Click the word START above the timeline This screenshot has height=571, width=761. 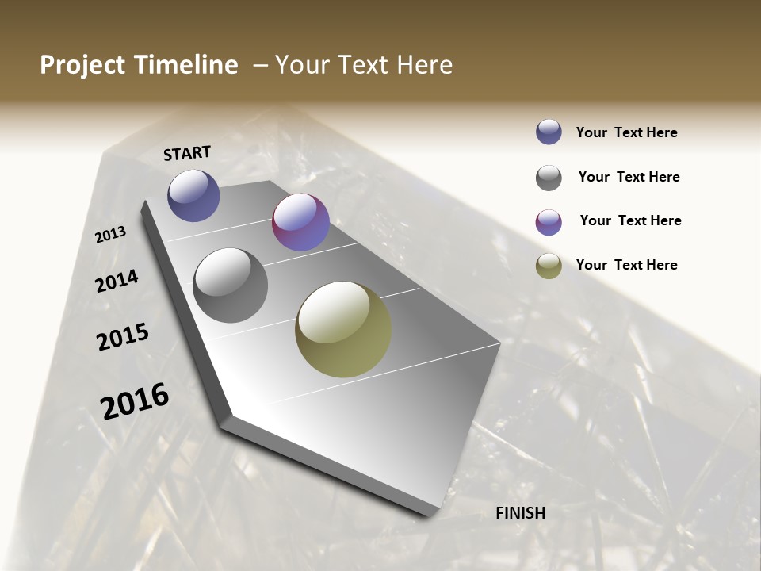pyautogui.click(x=187, y=153)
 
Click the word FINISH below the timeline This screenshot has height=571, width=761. pyautogui.click(x=521, y=513)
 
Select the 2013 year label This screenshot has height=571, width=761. pyautogui.click(x=111, y=235)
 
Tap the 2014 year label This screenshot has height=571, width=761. pyautogui.click(x=117, y=281)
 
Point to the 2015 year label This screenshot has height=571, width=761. pyautogui.click(x=123, y=337)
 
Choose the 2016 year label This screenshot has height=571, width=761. pyautogui.click(x=135, y=400)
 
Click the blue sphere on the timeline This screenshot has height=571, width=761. pyautogui.click(x=193, y=195)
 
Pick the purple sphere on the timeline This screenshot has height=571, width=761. pyautogui.click(x=300, y=222)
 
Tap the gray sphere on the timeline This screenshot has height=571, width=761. pyautogui.click(x=231, y=285)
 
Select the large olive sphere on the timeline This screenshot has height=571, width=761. pyautogui.click(x=343, y=329)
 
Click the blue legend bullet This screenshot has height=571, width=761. pyautogui.click(x=549, y=132)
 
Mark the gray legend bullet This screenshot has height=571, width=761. pyautogui.click(x=549, y=178)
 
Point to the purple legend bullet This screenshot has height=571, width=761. pyautogui.click(x=549, y=222)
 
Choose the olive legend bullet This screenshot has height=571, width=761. pyautogui.click(x=549, y=266)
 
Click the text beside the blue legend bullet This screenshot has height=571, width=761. pyautogui.click(x=626, y=133)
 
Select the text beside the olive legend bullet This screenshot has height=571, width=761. pyautogui.click(x=626, y=265)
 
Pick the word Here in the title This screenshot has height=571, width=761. pyautogui.click(x=423, y=65)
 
